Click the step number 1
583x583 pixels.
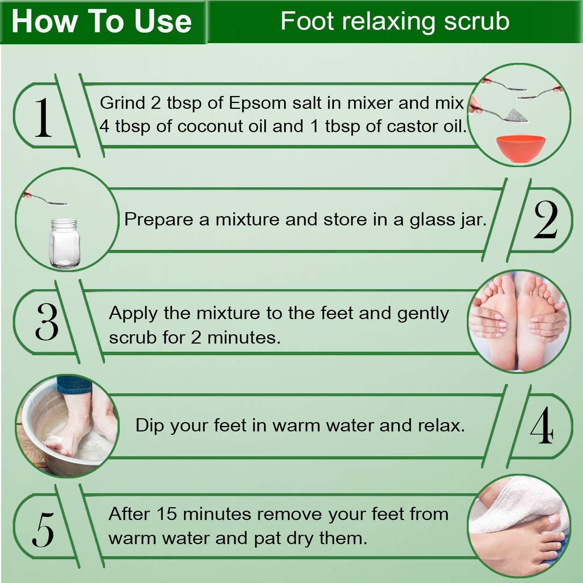(43, 117)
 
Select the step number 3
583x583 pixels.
(47, 321)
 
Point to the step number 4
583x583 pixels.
(542, 425)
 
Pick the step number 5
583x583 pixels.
(43, 529)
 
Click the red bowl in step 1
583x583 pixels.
(520, 149)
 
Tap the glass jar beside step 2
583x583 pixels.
(63, 243)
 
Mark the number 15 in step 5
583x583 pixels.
(166, 514)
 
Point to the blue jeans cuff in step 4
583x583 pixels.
(74, 384)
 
